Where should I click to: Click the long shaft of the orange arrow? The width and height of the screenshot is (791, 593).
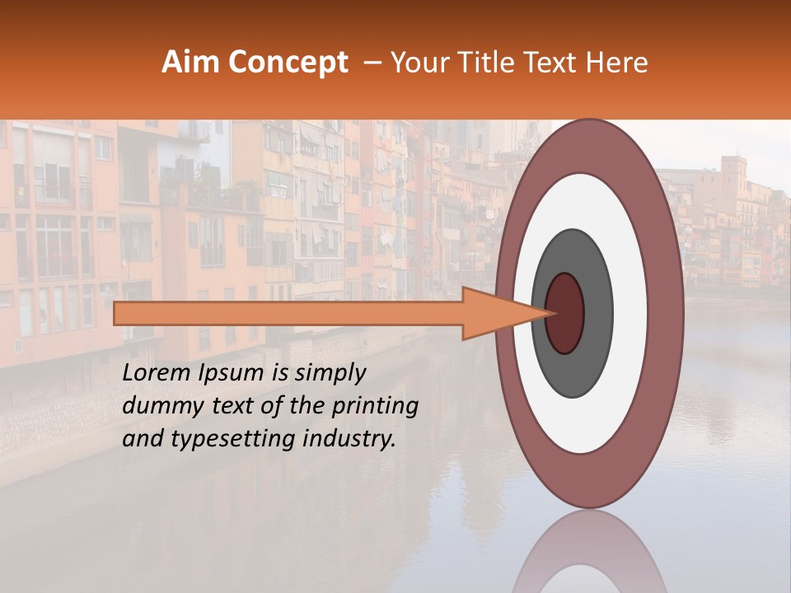click(288, 313)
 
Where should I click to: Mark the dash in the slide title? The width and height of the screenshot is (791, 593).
click(372, 63)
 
